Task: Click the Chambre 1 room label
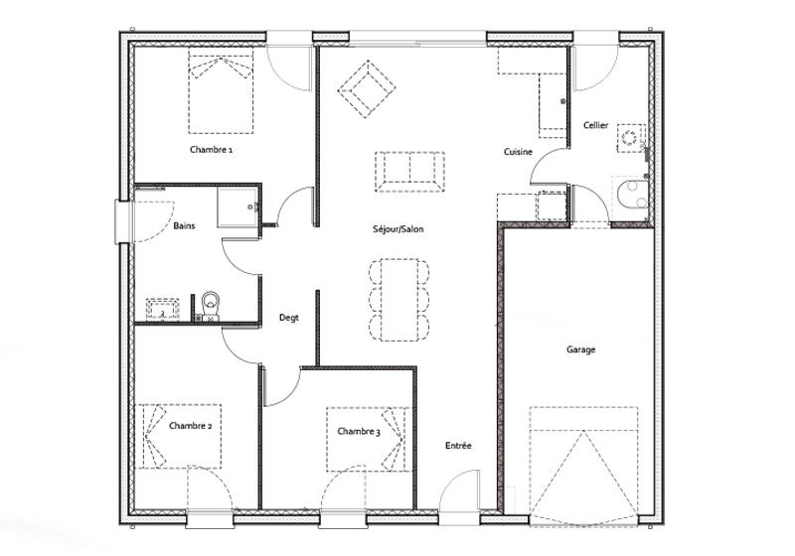coord(211,150)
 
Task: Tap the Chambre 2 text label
coord(190,426)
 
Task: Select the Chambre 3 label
coord(358,432)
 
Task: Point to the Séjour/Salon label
coord(397,229)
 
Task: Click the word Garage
coord(580,349)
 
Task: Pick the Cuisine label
coord(518,152)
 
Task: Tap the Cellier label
coord(596,125)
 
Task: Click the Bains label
coord(184,226)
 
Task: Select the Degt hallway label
coord(288,318)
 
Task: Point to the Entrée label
coord(458,446)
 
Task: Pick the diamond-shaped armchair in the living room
coord(364,90)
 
